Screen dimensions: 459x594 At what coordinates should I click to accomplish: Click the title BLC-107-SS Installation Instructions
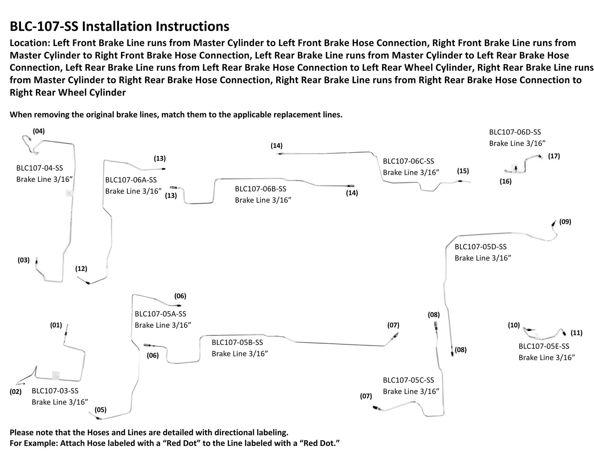tap(119, 26)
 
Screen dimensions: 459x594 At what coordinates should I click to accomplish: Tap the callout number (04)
tap(39, 131)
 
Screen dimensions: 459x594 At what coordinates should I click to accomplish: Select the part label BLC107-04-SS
tap(40, 168)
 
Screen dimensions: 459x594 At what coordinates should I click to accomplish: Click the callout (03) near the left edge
tap(23, 260)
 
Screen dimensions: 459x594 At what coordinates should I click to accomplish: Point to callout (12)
tap(81, 269)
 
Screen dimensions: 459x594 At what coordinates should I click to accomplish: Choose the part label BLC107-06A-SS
tap(131, 180)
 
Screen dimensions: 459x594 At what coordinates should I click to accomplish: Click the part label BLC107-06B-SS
tap(260, 189)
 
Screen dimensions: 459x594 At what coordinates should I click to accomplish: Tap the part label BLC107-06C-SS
tap(408, 161)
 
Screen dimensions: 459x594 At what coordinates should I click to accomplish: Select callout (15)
tap(463, 171)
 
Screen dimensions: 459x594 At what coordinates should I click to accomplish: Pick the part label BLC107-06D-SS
tap(515, 132)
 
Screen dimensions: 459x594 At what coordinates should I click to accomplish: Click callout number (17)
tap(554, 156)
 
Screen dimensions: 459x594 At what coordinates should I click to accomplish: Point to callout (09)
tap(565, 222)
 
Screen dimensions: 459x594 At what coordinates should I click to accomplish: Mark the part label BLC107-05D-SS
tap(480, 246)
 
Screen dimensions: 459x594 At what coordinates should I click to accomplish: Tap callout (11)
tap(576, 333)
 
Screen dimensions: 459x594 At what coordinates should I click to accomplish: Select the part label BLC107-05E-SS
tap(544, 346)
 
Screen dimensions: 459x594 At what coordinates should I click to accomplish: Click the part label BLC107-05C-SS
tap(408, 380)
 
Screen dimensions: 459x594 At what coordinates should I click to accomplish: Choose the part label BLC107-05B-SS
tap(237, 342)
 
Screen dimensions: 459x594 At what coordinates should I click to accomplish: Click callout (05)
tap(100, 410)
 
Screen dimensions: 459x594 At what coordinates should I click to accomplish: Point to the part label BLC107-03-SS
tap(55, 391)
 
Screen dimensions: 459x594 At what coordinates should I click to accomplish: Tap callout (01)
tap(56, 325)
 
